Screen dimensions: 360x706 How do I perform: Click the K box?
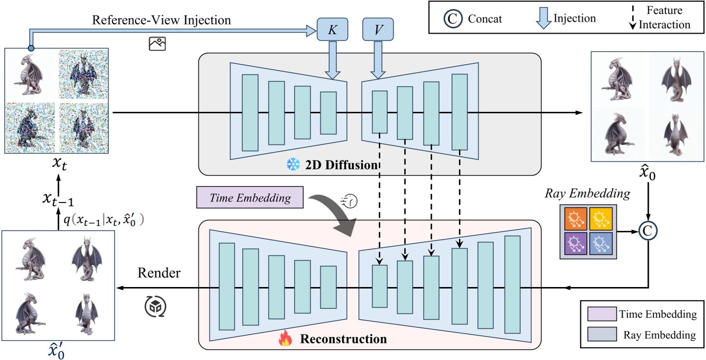click(x=332, y=30)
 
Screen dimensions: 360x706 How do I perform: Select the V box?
click(x=378, y=30)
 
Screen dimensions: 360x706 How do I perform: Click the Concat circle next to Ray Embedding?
click(x=648, y=231)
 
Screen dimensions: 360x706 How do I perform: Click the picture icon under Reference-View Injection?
click(x=157, y=44)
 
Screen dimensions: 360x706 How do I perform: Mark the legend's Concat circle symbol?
click(x=451, y=19)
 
